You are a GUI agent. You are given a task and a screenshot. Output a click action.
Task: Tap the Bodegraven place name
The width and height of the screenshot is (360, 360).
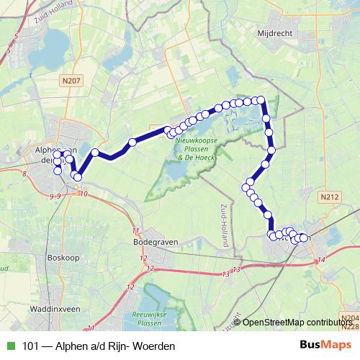pyautogui.click(x=156, y=243)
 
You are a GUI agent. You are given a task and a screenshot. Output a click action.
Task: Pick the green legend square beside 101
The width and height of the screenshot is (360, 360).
pyautogui.click(x=9, y=346)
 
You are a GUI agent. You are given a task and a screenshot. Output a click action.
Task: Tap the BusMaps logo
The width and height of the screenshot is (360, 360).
pyautogui.click(x=325, y=345)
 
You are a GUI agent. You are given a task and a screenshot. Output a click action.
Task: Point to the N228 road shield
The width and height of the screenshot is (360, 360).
pyautogui.click(x=351, y=327)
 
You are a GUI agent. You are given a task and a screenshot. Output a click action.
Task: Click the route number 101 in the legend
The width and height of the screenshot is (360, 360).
pyautogui.click(x=32, y=346)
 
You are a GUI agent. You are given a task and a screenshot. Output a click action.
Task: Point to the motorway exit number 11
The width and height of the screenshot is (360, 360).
pyautogui.click(x=135, y=231)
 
